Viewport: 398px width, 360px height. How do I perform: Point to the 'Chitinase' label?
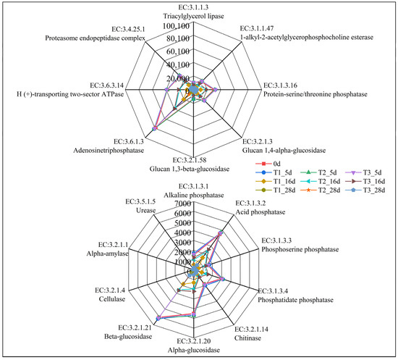pos(247,336)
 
